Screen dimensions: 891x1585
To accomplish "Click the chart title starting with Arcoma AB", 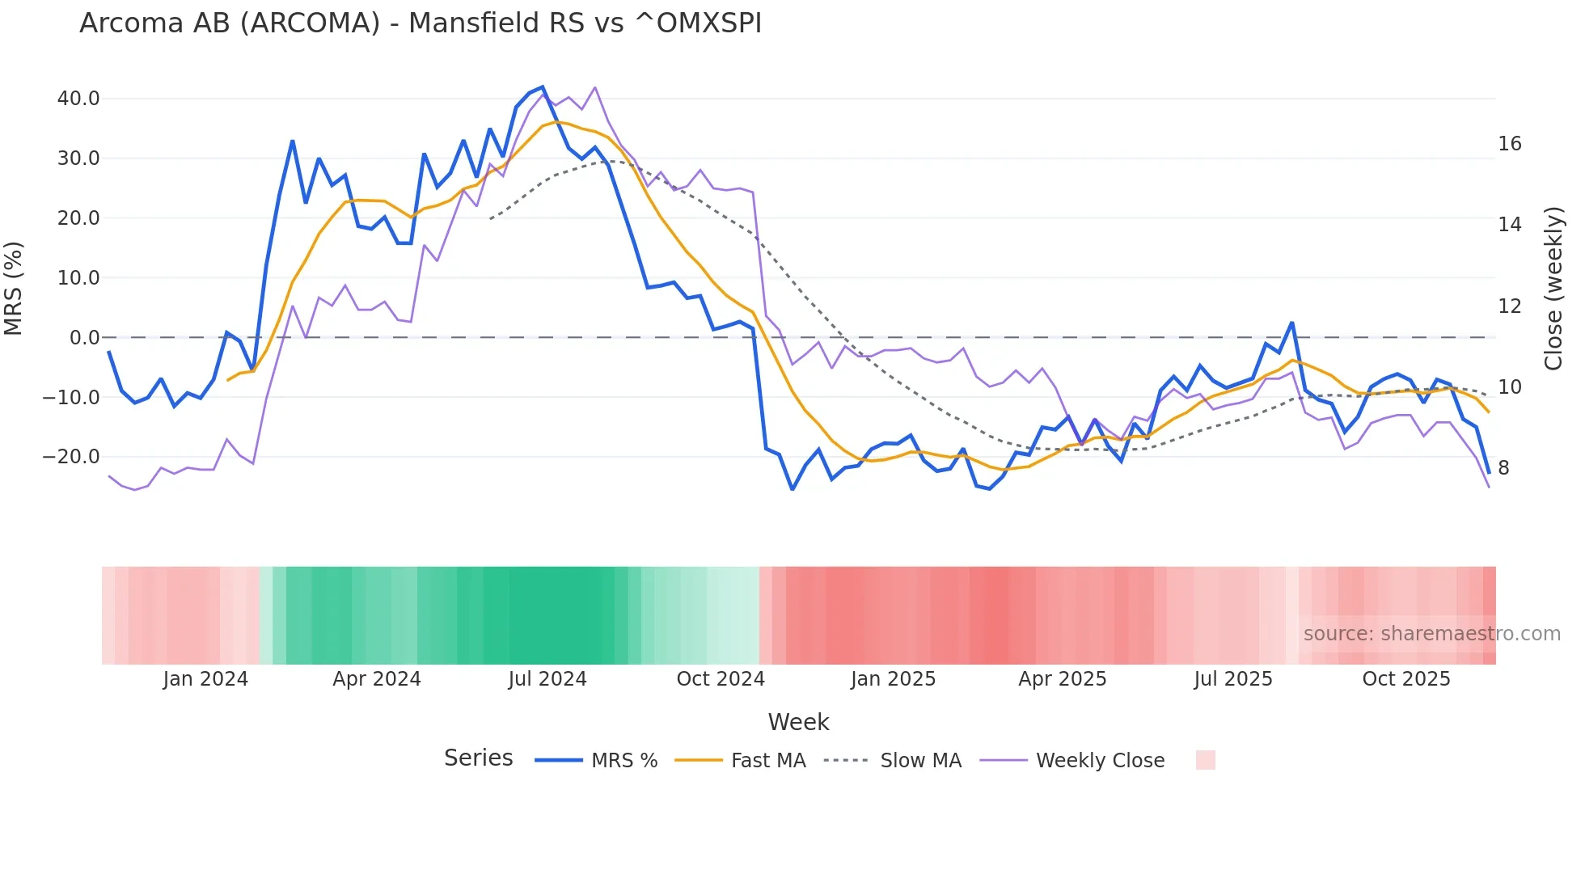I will click(x=421, y=23).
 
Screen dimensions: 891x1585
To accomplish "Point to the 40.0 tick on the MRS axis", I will click(x=78, y=99).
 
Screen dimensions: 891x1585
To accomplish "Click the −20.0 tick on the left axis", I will click(x=72, y=457).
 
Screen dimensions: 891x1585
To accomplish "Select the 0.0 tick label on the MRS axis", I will click(x=84, y=338).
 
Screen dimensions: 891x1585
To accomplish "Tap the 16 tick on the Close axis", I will click(x=1509, y=144).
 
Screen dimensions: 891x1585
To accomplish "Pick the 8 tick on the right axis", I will click(x=1503, y=468).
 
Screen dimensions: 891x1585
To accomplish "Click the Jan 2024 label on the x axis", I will click(x=205, y=679).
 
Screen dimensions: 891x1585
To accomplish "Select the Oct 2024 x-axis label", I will click(x=721, y=679).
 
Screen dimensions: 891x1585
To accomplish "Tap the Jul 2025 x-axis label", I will click(x=1233, y=679).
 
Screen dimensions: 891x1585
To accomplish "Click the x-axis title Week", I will click(x=798, y=722).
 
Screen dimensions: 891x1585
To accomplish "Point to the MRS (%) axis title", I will click(x=14, y=289).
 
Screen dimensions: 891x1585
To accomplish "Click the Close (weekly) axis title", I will click(x=1553, y=289).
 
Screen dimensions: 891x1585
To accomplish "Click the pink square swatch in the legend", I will click(x=1205, y=760).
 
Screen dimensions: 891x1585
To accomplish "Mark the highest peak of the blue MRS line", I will click(x=543, y=87).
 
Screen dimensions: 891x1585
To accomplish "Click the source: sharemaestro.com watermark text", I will click(x=1431, y=634).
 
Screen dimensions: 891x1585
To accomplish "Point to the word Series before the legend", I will click(x=478, y=758).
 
